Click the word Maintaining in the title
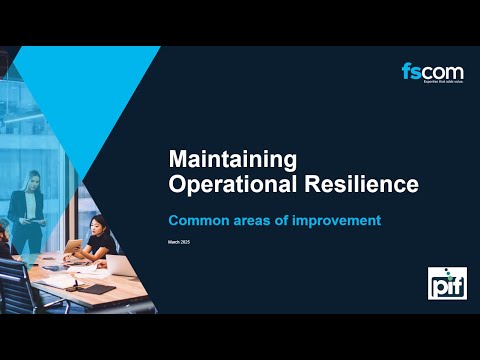[x=233, y=158]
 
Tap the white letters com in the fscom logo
[x=440, y=72]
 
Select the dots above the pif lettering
[x=451, y=274]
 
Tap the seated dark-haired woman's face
[x=97, y=226]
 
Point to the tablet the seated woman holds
[x=73, y=246]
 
